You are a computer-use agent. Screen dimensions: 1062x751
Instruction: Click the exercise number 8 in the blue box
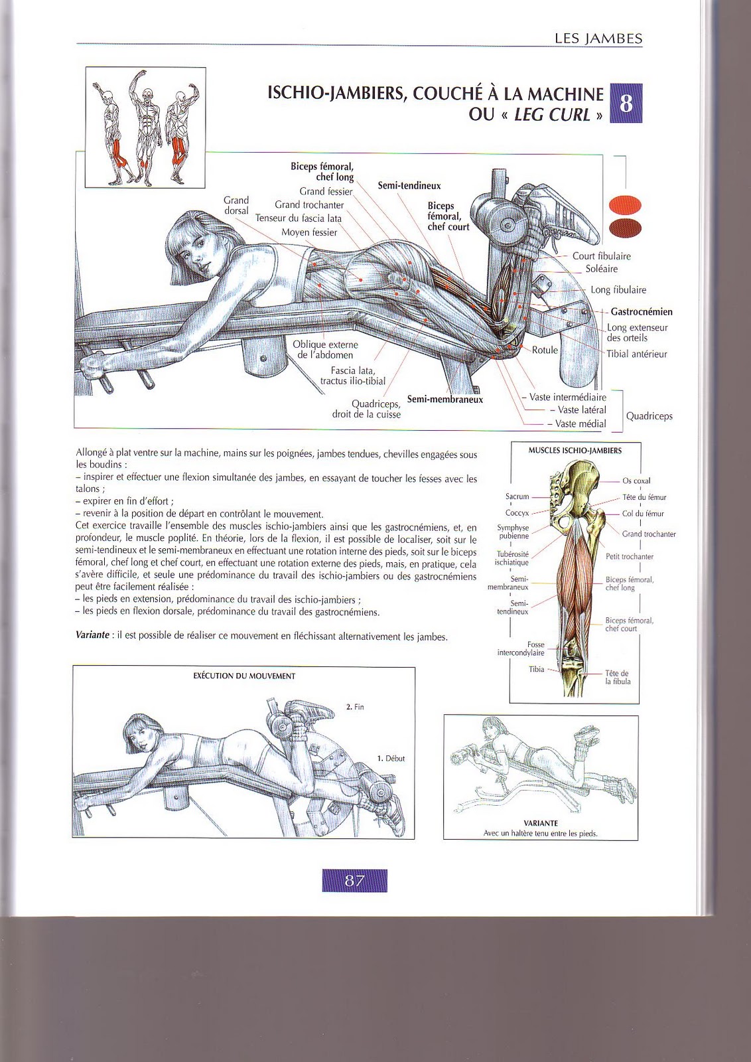[626, 103]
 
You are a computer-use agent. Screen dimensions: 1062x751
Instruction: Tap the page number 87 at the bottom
[354, 881]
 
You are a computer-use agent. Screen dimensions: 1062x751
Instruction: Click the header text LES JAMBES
[598, 38]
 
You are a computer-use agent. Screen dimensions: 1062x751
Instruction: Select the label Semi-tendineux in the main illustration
[409, 186]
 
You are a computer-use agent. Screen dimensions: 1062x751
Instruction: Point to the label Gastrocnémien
[641, 311]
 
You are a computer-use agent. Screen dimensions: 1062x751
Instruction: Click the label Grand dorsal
[236, 205]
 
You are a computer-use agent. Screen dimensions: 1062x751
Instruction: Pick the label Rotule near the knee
[545, 350]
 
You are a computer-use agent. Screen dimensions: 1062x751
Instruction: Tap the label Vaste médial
[580, 423]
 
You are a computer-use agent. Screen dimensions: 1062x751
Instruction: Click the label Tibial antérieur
[636, 354]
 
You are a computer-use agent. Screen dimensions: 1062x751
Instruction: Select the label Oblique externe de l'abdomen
[325, 350]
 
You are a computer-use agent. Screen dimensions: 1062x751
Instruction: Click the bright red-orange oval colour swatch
[625, 204]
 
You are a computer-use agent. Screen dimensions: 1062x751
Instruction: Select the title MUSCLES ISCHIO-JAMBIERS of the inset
[575, 450]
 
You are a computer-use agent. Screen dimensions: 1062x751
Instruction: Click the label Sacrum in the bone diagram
[517, 496]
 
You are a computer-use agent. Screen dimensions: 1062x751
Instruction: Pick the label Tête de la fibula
[617, 677]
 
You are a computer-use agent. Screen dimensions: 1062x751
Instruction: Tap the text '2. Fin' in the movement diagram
[355, 707]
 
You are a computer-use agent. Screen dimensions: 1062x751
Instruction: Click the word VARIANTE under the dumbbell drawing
[540, 822]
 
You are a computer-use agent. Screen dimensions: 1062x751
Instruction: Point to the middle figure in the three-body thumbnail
[146, 126]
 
